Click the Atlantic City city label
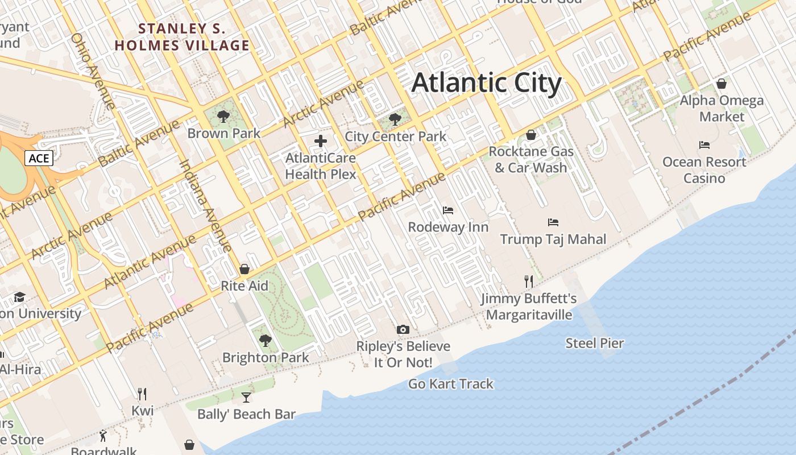486,82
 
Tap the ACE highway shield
39,158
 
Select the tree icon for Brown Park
223,117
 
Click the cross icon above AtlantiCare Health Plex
321,141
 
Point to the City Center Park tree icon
395,120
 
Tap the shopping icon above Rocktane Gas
530,135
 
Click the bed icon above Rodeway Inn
448,210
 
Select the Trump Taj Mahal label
553,239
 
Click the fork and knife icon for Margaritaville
529,281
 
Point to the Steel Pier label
594,343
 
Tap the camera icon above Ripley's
403,329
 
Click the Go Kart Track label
450,384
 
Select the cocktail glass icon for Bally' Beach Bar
246,397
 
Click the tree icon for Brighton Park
265,341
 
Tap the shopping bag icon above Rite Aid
244,268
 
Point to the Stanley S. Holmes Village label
182,37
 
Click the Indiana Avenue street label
205,206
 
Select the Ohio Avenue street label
93,71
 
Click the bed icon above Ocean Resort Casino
704,145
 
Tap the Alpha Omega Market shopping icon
722,84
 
